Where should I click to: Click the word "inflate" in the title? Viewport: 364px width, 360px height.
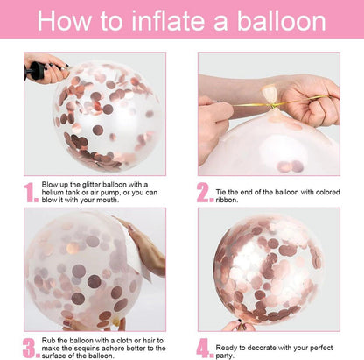click(167, 20)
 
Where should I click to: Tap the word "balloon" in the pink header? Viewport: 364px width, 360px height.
click(281, 20)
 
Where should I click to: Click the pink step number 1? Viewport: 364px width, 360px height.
click(31, 193)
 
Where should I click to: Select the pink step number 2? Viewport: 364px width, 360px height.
click(205, 193)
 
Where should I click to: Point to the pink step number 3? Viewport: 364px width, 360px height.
click(31, 349)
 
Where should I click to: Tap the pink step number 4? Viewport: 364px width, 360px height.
click(205, 349)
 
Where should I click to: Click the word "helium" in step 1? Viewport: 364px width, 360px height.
click(52, 193)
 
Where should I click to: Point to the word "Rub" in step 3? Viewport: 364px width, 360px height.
click(47, 341)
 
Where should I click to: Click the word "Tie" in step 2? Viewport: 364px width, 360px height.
click(220, 192)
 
